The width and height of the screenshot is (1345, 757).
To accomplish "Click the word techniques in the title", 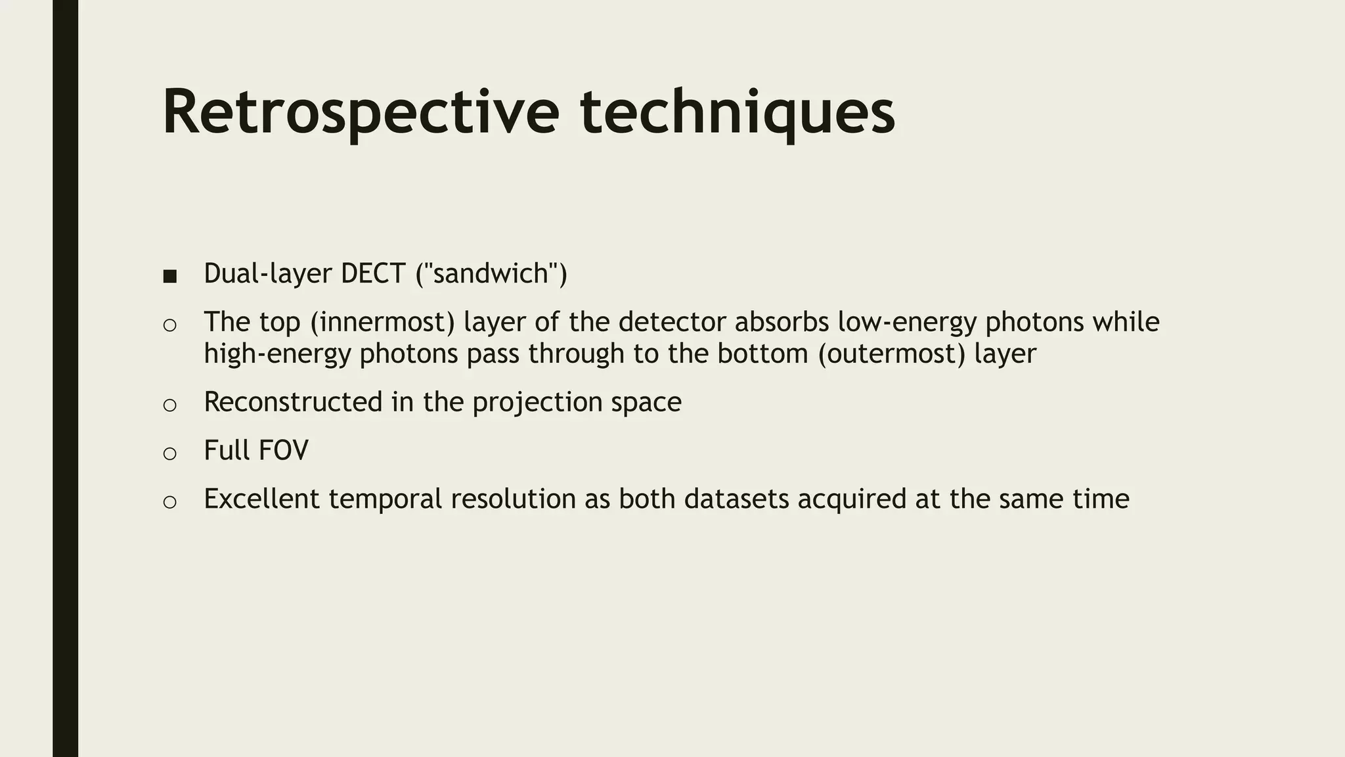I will [737, 113].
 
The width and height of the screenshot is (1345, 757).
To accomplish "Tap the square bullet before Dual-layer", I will [169, 277].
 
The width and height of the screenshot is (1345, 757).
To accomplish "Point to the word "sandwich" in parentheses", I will [491, 273].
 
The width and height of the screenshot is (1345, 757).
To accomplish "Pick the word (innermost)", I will [382, 322].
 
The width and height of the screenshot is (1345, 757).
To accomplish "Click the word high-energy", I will [277, 354].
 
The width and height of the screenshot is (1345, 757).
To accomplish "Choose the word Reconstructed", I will [293, 402].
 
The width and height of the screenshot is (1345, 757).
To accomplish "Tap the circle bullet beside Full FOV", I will [169, 453].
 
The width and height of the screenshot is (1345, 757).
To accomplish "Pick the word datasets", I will [736, 499].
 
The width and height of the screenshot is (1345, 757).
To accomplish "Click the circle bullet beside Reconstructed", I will [169, 405].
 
